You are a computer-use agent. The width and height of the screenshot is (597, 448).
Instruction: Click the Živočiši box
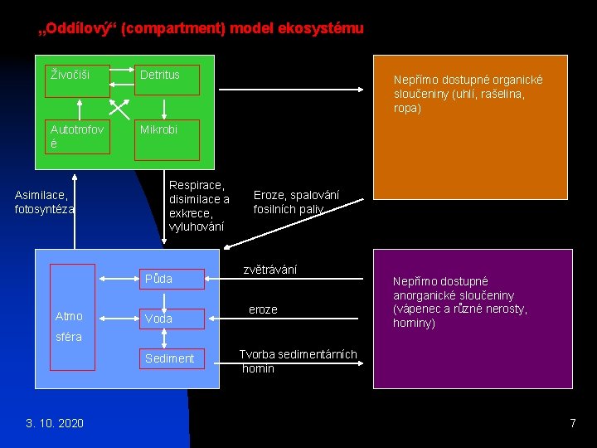tap(78, 81)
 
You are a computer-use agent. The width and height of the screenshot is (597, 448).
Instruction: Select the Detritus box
tap(168, 80)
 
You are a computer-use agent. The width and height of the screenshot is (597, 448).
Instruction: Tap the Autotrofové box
tap(78, 137)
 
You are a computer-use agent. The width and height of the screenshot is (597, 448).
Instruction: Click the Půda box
tap(171, 278)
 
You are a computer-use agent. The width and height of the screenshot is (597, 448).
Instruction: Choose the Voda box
tap(171, 319)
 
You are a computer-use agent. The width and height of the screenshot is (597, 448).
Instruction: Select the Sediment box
tap(171, 358)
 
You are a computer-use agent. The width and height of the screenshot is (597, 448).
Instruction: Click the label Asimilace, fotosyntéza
tap(45, 202)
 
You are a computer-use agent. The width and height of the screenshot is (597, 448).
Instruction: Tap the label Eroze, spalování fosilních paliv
tap(296, 202)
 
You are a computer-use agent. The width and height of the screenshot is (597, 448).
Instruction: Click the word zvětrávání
tap(270, 270)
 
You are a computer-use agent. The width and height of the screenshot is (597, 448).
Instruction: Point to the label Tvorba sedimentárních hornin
tap(298, 362)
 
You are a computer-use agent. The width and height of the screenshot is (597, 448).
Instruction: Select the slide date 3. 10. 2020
tap(55, 423)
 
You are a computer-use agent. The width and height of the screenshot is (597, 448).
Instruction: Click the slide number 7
tap(572, 423)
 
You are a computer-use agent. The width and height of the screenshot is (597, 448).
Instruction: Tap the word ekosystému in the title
tap(324, 29)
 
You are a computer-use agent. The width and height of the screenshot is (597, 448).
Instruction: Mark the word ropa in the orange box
tap(408, 108)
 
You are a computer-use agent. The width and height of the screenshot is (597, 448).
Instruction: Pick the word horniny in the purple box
tap(414, 323)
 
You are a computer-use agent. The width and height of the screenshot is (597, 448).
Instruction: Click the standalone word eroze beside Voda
tap(263, 309)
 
